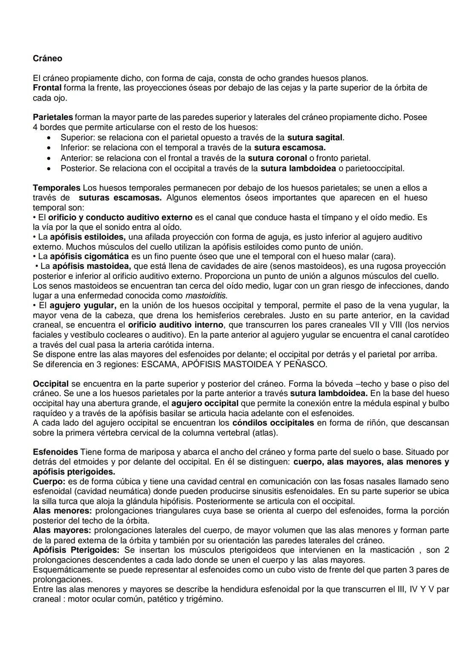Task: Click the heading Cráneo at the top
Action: (47, 58)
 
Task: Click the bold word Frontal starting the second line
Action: (47, 88)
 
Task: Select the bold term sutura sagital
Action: (315, 138)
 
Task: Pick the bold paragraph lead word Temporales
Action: (56, 188)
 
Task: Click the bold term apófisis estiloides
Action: (87, 237)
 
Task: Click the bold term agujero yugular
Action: (83, 306)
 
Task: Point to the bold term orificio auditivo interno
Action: (175, 325)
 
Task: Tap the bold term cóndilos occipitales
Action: (273, 423)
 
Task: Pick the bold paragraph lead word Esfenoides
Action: (55, 452)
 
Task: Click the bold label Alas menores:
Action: (62, 511)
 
